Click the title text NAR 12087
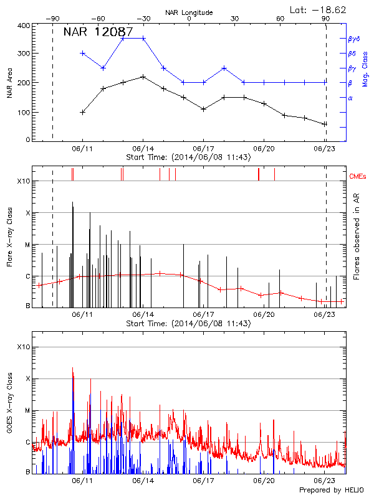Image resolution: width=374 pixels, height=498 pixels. point(98,31)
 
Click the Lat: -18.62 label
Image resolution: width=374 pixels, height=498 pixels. point(319,9)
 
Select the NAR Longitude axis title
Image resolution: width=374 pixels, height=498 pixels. point(189,12)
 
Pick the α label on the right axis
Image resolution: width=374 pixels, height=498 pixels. point(350,98)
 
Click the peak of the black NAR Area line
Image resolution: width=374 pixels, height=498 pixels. point(143,77)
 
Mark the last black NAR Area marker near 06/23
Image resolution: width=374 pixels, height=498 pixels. point(325,124)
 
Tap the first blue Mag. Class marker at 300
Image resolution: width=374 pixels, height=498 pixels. point(83,53)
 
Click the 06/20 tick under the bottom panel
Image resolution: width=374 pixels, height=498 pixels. point(264,481)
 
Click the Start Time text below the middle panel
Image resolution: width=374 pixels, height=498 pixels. point(188,324)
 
